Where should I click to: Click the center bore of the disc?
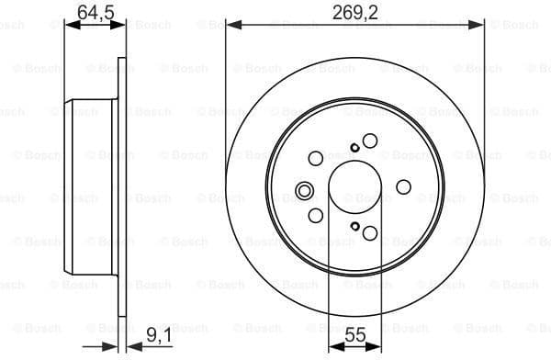tap(354, 187)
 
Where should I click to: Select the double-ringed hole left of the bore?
tap(305, 192)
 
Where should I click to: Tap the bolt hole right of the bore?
tap(403, 187)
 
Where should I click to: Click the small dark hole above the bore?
tap(354, 147)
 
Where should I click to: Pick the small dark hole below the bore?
tap(354, 227)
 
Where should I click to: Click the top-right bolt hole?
tap(370, 141)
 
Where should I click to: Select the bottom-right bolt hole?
tap(370, 233)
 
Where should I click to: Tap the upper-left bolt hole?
tap(316, 158)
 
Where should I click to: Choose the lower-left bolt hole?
tap(316, 216)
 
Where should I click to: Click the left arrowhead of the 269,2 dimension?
tap(231, 26)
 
